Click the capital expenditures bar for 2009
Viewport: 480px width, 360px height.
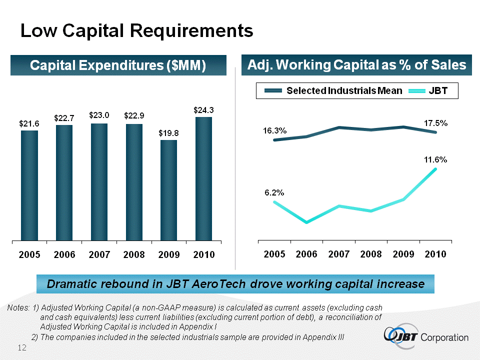pos(169,190)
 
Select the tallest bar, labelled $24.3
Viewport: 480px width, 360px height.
pos(203,178)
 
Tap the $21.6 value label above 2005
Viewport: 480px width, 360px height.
pos(29,123)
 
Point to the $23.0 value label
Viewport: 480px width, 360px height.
pos(99,115)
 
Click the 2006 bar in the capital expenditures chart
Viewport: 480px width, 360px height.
pos(64,182)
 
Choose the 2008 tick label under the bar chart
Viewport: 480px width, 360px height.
pos(134,254)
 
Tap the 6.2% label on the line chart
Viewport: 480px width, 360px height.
pos(274,192)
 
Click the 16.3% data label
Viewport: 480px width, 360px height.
pos(274,131)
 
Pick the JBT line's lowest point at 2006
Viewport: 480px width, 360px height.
pos(306,222)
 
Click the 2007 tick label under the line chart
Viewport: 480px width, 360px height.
pos(339,254)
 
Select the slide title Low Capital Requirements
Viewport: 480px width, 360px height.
pos(136,31)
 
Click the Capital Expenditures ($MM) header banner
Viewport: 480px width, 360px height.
pos(118,65)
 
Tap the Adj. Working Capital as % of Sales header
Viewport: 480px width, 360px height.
pos(357,65)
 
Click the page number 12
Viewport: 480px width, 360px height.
pos(22,347)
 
